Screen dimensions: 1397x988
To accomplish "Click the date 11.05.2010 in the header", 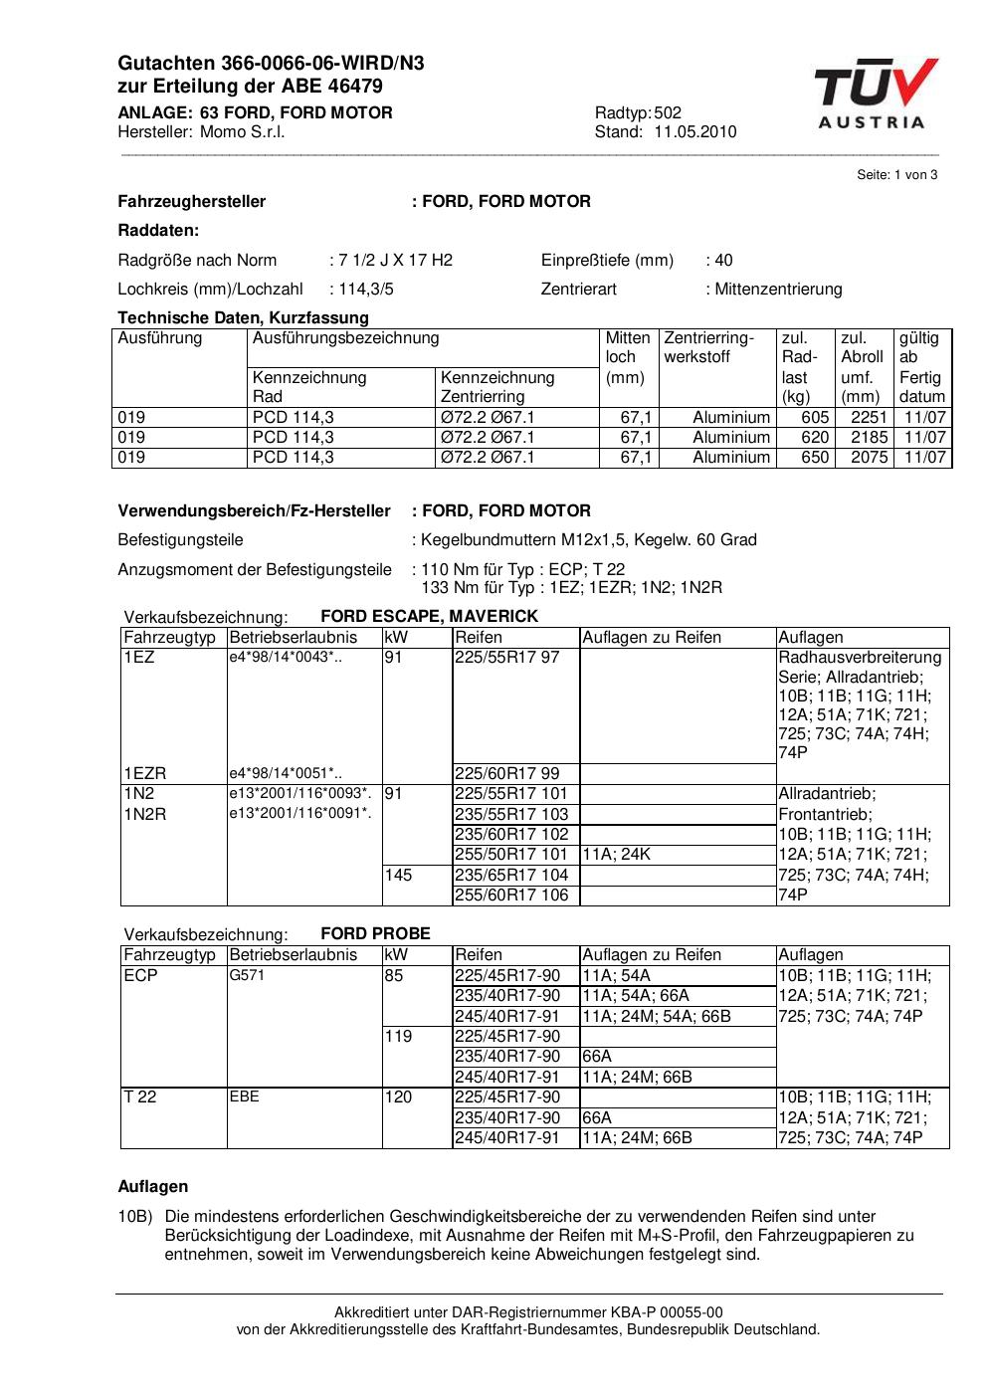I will [694, 132].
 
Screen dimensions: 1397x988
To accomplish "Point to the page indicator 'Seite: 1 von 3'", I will [896, 175].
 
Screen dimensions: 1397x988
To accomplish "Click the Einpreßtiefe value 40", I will [723, 261].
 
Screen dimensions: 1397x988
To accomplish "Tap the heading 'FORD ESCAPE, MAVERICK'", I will [429, 617].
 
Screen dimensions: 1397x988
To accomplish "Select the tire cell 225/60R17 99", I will [506, 774].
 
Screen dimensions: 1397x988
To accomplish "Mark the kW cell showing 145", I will [398, 876].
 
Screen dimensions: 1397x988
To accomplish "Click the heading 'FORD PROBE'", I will [375, 934].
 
